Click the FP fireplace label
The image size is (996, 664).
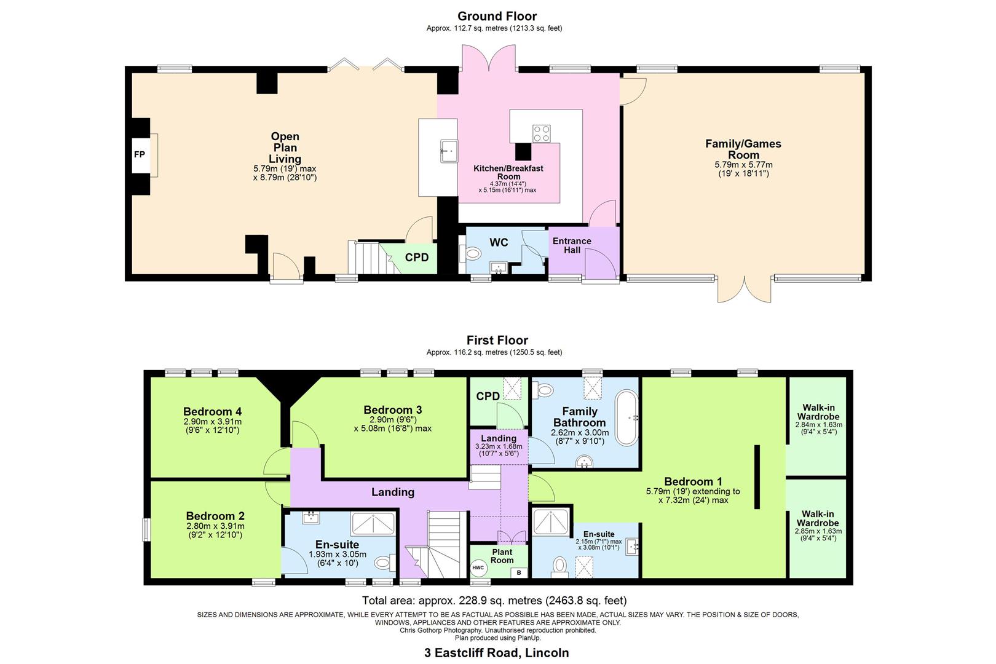(140, 154)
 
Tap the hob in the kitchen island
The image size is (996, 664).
(542, 133)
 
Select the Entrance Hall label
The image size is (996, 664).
(572, 245)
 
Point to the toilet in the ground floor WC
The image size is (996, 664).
(472, 253)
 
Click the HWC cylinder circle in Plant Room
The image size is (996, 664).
(478, 567)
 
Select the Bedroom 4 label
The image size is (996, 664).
(212, 411)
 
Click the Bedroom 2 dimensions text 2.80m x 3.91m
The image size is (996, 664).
(215, 526)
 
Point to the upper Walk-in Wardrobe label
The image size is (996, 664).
(818, 412)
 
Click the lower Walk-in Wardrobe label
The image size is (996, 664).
(818, 518)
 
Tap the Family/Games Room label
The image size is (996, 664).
(743, 149)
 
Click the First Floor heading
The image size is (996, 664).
(497, 340)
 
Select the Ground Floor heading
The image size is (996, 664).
(497, 16)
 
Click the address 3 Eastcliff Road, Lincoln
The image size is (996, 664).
(497, 653)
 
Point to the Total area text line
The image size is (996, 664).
(494, 601)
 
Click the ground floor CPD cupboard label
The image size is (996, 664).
(417, 258)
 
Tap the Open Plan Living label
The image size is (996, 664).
(285, 148)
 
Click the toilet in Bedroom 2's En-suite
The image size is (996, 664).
(382, 561)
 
